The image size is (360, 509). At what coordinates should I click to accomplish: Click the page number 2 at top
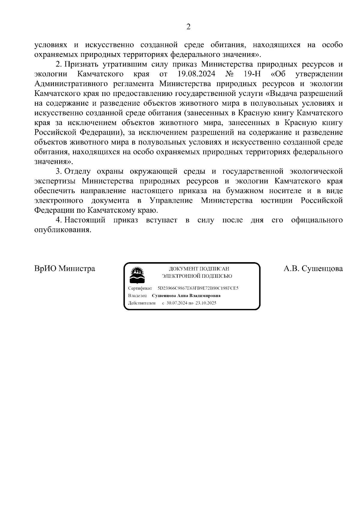188,27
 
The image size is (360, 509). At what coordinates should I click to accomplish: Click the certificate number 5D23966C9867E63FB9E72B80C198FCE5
198,288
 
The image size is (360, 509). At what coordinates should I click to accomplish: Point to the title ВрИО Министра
64,268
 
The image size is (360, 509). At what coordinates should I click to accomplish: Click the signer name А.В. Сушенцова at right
313,268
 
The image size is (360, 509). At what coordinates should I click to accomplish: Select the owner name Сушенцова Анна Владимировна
186,295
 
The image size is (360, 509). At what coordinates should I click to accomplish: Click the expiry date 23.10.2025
206,303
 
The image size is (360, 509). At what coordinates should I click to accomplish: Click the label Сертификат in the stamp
140,288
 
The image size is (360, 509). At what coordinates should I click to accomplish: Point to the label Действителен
142,303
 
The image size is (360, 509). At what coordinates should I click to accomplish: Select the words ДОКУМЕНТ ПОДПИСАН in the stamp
199,269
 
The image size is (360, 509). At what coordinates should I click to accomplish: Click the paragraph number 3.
58,171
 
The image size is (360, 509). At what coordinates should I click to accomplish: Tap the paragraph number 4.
58,220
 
